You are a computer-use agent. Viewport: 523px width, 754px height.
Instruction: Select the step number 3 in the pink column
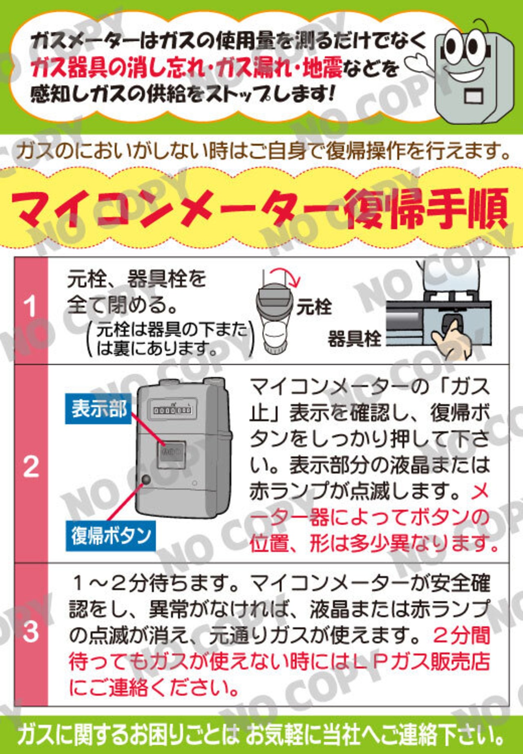[31, 631]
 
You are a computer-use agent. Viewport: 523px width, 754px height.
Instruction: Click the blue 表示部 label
[98, 408]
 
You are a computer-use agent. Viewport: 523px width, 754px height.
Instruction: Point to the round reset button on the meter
[146, 480]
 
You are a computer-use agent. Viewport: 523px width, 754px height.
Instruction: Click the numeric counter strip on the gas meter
[172, 410]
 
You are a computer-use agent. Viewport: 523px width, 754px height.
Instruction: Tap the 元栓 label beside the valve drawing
[314, 307]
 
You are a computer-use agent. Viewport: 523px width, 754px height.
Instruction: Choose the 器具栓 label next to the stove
[354, 339]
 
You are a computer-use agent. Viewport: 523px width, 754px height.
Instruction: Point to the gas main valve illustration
[275, 315]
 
